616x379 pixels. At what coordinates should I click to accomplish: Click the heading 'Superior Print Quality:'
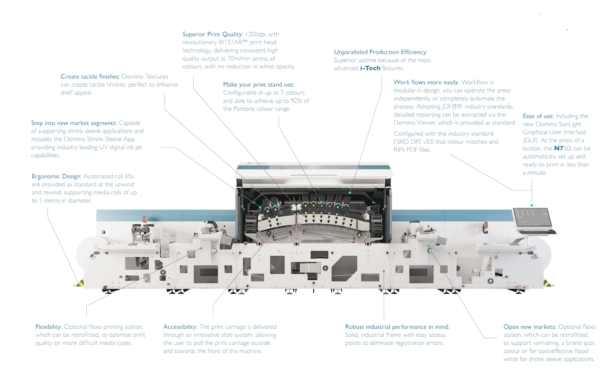213,34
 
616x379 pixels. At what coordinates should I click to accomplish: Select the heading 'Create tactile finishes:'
91,76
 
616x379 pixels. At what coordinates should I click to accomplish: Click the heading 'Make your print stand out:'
259,85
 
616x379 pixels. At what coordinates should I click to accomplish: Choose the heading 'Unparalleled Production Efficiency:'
380,52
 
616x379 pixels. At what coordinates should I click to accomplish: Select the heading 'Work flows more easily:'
426,82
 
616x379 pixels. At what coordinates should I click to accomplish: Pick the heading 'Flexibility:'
49,327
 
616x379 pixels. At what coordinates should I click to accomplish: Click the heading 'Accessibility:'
180,327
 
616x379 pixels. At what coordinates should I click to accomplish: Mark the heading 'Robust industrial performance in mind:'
397,327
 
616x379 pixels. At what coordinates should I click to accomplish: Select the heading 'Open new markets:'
530,327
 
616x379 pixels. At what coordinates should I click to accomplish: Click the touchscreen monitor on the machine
532,217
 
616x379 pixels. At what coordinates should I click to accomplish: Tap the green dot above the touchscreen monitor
532,205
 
